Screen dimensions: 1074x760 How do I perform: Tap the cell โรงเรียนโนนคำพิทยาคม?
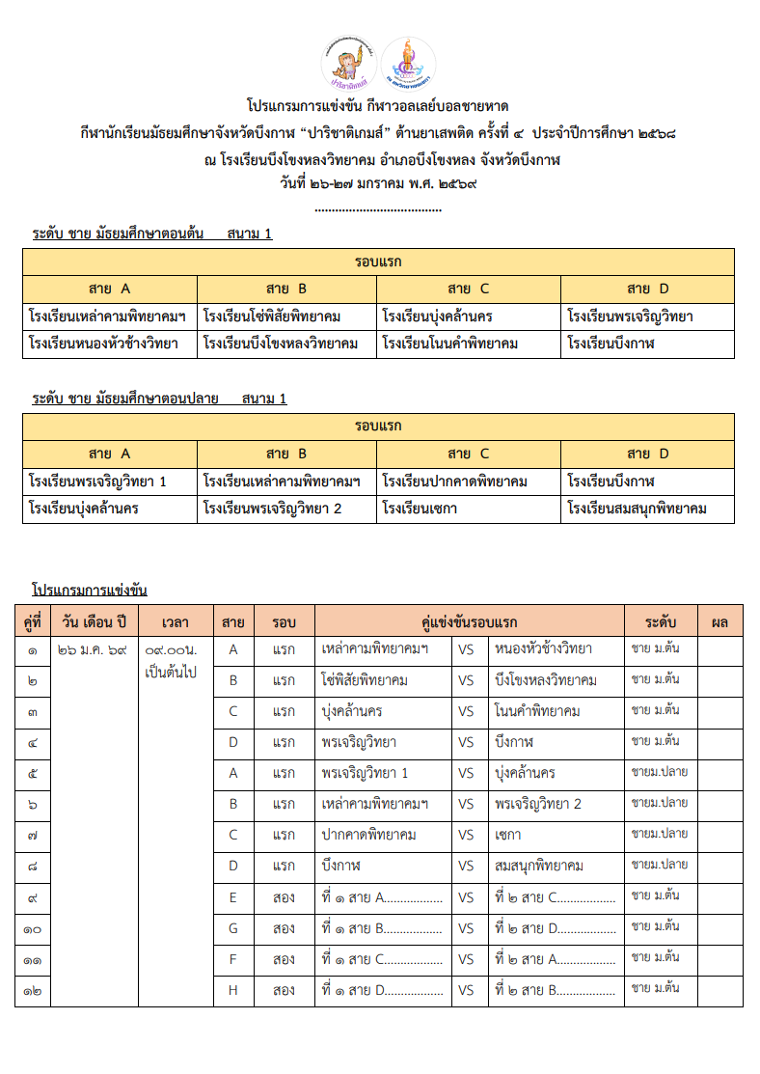(x=450, y=344)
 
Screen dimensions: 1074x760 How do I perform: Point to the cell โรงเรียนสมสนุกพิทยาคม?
(x=638, y=509)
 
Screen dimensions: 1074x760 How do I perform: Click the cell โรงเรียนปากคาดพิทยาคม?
(x=454, y=481)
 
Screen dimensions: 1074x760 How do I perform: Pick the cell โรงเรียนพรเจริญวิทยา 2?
(x=273, y=509)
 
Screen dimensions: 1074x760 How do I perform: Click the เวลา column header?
(x=175, y=620)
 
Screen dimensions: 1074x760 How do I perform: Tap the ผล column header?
(x=719, y=620)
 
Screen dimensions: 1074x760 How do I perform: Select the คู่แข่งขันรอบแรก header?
(x=469, y=620)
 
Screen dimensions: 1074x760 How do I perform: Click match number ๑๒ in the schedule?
(x=33, y=990)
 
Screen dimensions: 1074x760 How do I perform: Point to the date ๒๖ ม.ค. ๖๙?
(x=93, y=650)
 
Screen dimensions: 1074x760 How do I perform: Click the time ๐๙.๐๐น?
(x=169, y=650)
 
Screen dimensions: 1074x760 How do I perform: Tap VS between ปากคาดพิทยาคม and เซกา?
(x=466, y=835)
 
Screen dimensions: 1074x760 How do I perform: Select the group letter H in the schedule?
(x=232, y=990)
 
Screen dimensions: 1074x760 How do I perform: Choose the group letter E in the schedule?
(x=232, y=896)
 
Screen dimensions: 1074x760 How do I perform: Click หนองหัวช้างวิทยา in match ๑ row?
(x=543, y=649)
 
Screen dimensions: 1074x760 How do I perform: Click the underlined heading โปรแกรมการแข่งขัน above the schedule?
(x=89, y=590)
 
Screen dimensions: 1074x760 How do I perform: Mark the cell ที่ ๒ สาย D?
(x=555, y=928)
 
